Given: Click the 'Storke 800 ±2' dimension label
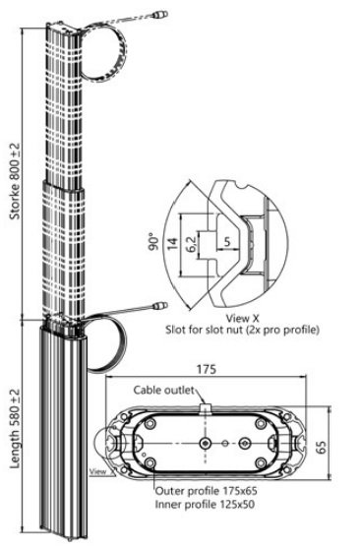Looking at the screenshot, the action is click(16, 181).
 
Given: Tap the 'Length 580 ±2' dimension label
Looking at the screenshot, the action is click(16, 429).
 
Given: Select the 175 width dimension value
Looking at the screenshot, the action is click(207, 369).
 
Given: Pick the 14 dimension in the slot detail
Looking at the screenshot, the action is click(172, 243).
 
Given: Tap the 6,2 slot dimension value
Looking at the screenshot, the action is click(191, 244).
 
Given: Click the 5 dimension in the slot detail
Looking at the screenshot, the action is click(227, 242).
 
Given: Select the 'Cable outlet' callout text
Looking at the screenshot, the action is click(163, 390).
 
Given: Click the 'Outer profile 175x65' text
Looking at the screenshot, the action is click(207, 491).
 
